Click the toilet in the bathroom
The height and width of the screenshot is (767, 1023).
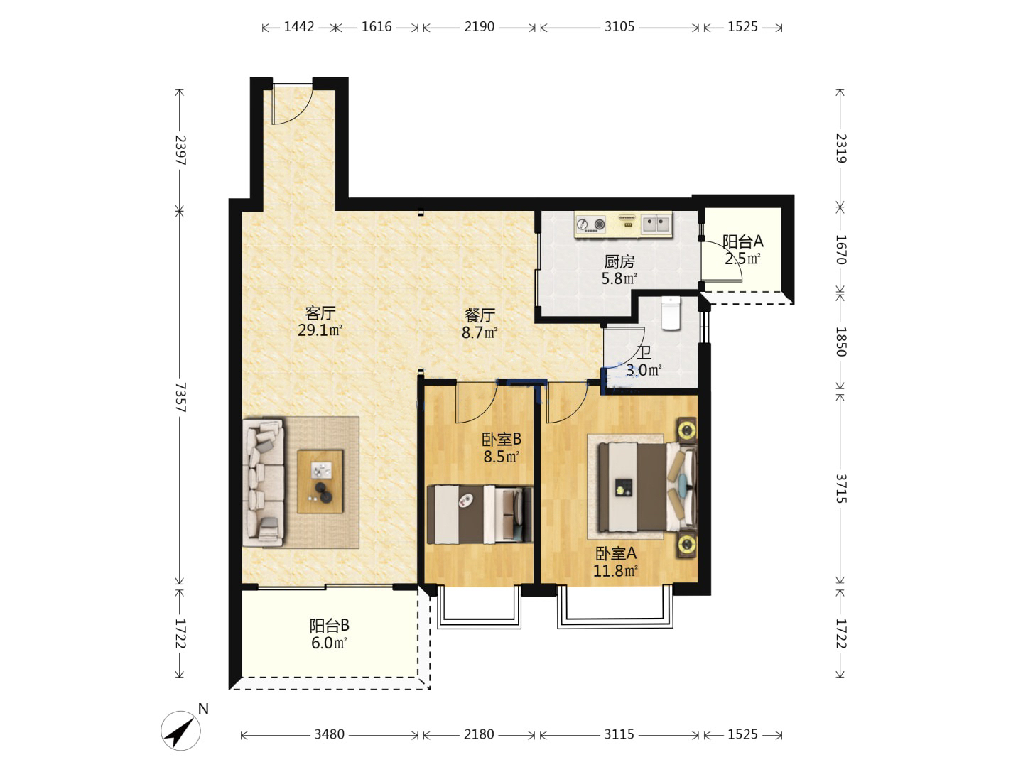671,313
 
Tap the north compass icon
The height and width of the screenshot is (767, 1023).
181,730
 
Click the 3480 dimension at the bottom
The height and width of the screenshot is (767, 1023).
329,734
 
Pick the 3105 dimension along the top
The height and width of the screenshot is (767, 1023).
619,26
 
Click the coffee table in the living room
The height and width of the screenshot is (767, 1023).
320,482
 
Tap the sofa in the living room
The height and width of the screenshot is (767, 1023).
264,482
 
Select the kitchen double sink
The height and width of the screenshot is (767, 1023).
656,224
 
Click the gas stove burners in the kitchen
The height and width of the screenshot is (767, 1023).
590,224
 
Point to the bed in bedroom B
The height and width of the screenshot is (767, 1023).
480,514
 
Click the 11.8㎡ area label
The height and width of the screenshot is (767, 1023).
615,570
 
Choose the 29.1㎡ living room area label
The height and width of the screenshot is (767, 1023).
320,330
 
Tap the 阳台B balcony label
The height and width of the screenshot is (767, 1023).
329,625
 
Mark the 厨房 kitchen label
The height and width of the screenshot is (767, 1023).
619,262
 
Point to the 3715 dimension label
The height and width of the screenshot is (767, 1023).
840,488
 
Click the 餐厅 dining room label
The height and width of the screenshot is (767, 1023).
479,315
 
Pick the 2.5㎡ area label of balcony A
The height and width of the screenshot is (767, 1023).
742,258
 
